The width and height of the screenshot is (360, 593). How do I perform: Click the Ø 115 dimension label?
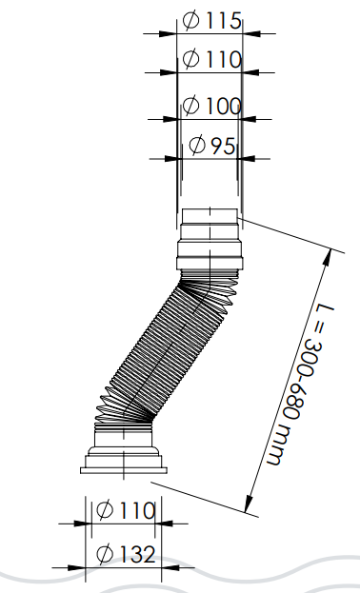(211, 20)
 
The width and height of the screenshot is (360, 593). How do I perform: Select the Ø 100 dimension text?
(211, 105)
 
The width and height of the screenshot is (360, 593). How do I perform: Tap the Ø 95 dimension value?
(211, 146)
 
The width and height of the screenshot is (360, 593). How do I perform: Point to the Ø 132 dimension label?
(126, 554)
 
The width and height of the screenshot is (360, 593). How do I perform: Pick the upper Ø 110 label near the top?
(211, 59)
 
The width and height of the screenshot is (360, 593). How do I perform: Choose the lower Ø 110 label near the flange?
(126, 510)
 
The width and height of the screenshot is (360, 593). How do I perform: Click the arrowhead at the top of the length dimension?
(329, 258)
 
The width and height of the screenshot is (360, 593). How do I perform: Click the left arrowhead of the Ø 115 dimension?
(168, 33)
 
